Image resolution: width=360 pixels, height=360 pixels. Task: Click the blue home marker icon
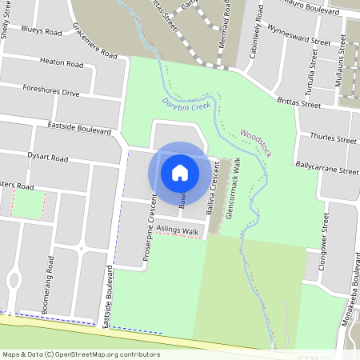coord(180,173)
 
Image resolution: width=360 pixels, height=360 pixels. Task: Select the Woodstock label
coord(257,145)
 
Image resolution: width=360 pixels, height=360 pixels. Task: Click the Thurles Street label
coord(337,138)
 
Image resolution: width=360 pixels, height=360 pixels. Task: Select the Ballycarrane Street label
coord(326,170)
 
